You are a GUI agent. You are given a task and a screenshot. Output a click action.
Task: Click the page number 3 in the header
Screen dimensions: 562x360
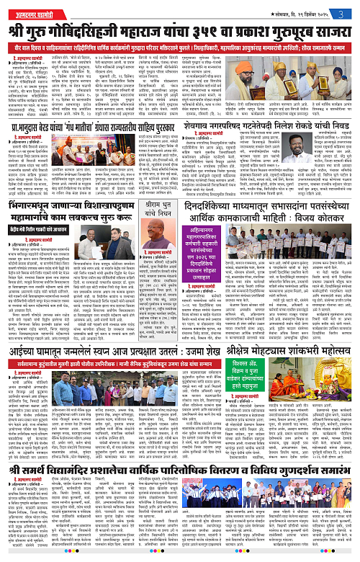(349, 6)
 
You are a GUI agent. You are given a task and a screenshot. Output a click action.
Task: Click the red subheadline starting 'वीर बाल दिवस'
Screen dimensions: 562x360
(180, 38)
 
